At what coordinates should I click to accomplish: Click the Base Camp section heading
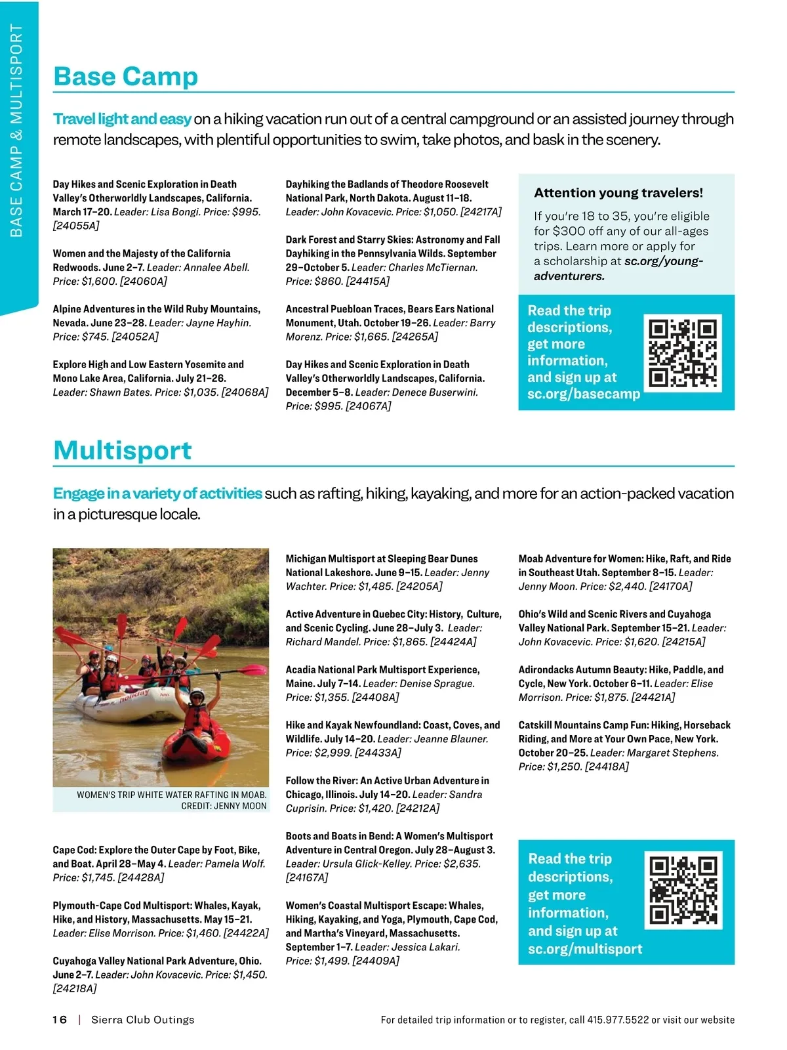click(125, 77)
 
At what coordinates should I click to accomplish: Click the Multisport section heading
click(123, 451)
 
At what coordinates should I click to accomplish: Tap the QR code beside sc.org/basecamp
click(682, 353)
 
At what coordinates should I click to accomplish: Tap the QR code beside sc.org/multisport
click(683, 891)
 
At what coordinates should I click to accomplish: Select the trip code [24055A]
click(76, 226)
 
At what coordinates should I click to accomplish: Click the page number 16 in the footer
click(60, 1020)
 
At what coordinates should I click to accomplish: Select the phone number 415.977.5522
click(618, 1020)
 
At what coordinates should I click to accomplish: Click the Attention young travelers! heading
click(618, 193)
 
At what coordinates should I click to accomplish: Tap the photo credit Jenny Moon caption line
click(224, 806)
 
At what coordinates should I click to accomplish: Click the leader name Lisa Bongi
click(175, 212)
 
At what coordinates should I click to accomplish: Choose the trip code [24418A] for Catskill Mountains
click(607, 766)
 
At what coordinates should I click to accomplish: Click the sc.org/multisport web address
click(585, 949)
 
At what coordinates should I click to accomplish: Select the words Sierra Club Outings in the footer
click(143, 1020)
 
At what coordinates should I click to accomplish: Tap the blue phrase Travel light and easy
click(122, 119)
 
